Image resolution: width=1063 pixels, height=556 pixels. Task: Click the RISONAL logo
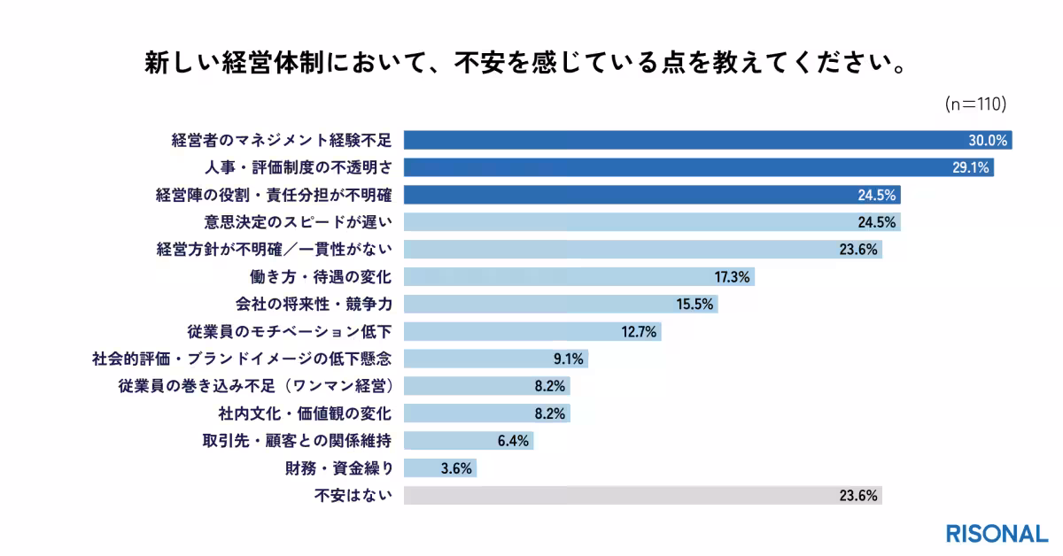coord(996,534)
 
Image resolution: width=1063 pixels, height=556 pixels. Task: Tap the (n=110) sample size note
coord(976,104)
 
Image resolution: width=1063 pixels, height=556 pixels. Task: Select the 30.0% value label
coord(987,140)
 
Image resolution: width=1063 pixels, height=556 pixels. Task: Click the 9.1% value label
coord(568,359)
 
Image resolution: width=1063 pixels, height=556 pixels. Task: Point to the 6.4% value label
coord(514,441)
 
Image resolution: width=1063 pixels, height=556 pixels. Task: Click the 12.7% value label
coord(640,332)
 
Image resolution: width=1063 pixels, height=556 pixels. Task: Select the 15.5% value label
coord(696,305)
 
